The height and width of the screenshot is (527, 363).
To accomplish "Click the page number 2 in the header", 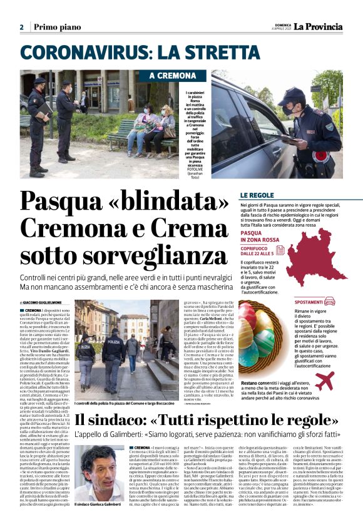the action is [x=21, y=27].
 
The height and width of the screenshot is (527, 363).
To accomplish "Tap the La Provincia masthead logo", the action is [x=319, y=26].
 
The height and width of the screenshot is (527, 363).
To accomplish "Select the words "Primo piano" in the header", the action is [x=57, y=27].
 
